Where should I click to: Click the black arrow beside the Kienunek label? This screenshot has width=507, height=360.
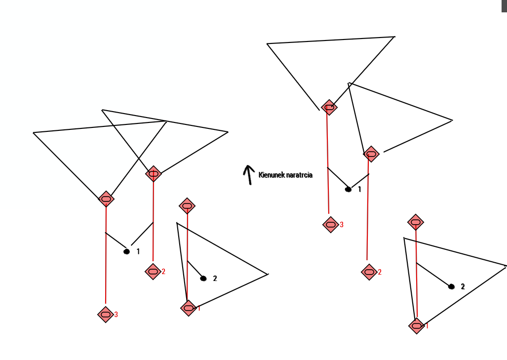249,175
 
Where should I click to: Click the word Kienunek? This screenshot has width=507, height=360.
272,175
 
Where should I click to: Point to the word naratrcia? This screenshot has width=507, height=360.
300,175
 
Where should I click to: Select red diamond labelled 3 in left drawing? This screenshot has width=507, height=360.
106,315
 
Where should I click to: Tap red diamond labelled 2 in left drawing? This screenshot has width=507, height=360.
153,272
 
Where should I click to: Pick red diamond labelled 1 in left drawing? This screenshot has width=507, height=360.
189,308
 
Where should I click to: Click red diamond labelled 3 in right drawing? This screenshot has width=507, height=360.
330,225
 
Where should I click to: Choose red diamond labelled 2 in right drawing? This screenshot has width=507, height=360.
369,272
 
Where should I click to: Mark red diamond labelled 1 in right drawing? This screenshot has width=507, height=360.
417,326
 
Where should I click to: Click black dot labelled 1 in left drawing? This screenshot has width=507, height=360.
127,251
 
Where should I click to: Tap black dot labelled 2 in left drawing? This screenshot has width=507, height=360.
203,278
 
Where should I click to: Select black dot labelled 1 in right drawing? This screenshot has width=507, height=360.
348,189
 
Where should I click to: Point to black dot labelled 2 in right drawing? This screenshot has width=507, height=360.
452,286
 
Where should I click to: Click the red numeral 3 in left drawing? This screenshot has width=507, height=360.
116,315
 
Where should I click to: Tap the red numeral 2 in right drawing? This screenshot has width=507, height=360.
380,272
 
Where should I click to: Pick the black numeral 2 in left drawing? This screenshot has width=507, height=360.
215,278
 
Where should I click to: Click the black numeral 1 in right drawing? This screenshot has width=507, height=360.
359,189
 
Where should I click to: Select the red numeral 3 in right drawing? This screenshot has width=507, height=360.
342,225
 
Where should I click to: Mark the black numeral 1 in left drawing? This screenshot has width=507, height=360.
138,251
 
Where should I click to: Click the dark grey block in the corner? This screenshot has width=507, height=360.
504,6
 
